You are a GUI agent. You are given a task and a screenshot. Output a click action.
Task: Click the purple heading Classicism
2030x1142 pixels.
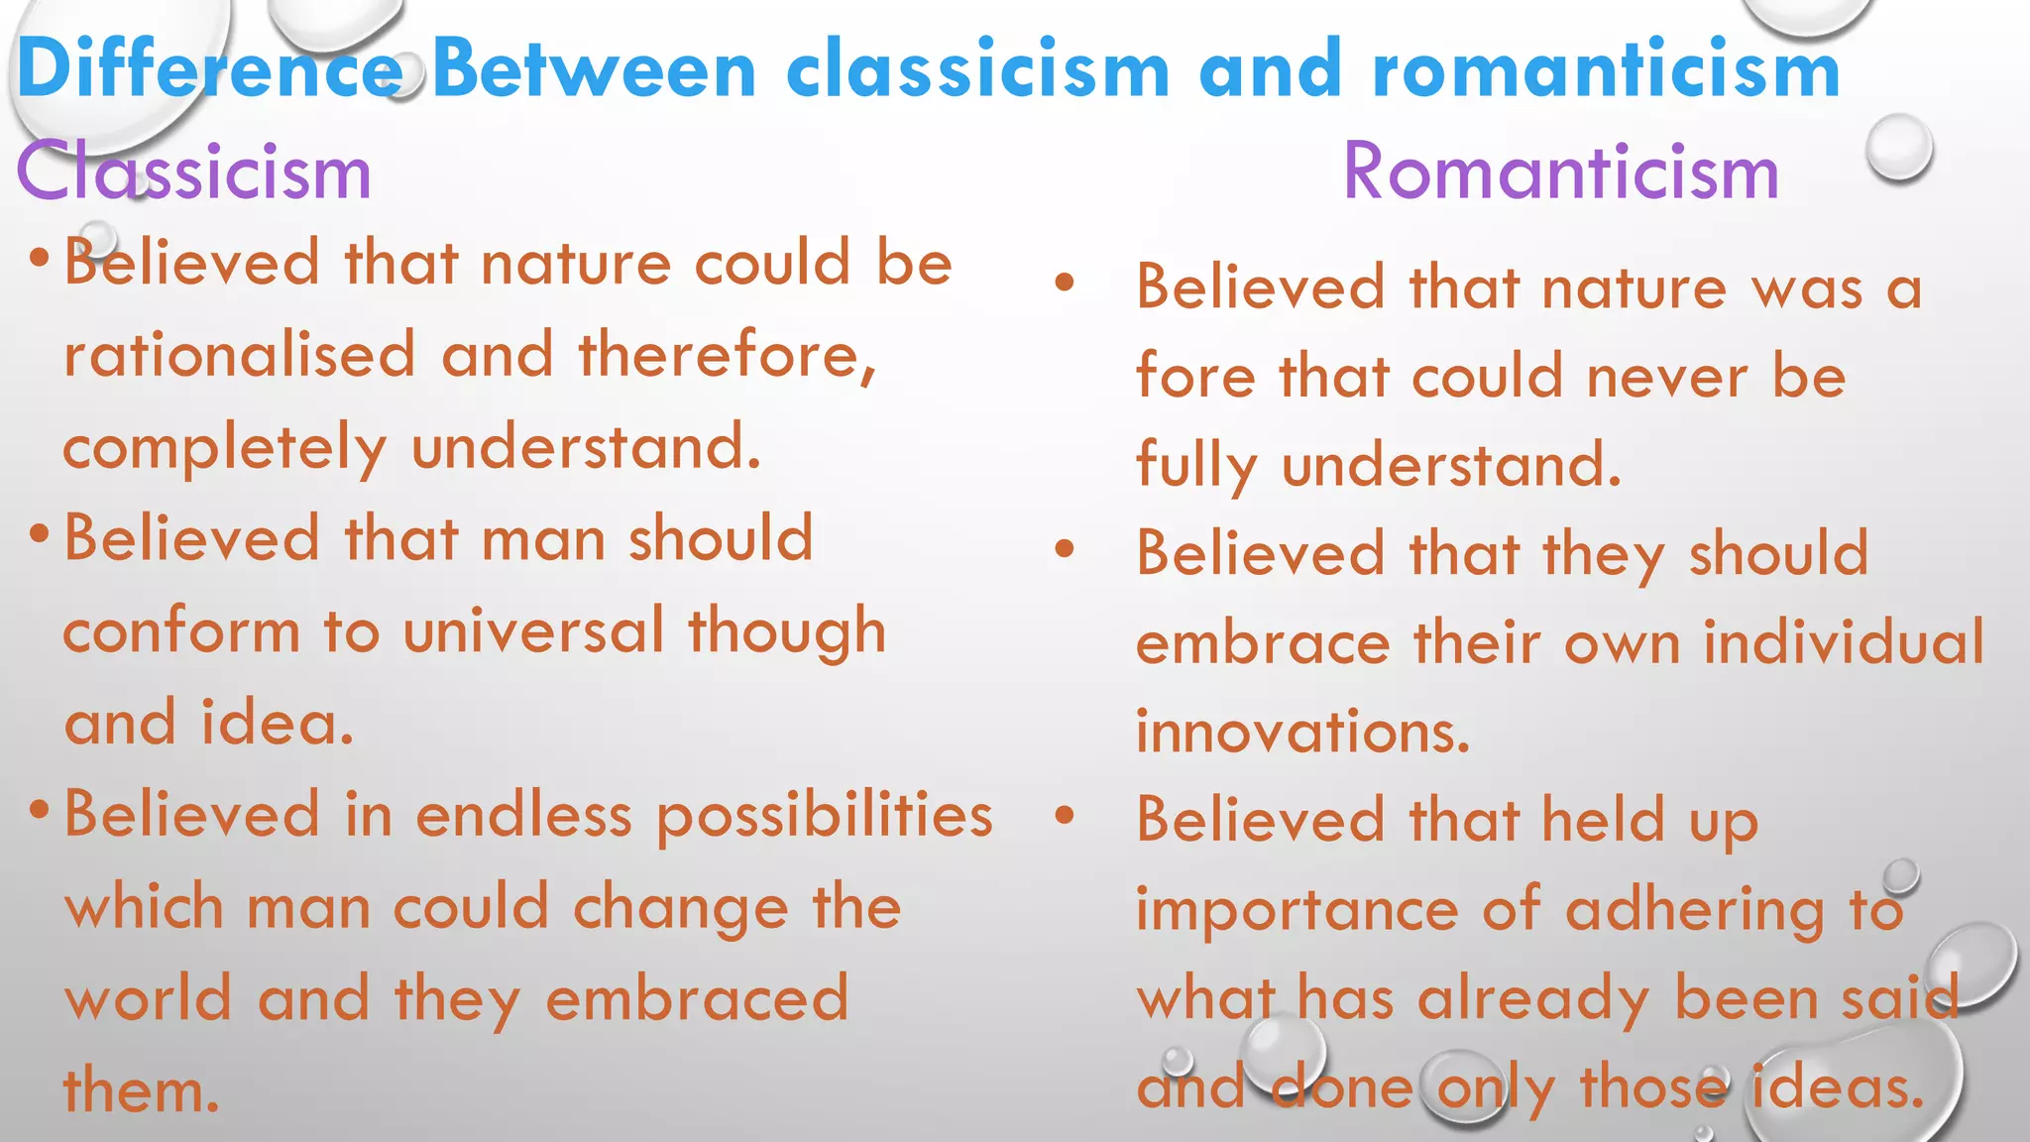pos(193,172)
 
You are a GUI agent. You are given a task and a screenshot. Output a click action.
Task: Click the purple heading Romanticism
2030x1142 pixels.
pos(1560,172)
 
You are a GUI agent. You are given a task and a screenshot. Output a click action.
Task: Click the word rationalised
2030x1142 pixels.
pos(239,356)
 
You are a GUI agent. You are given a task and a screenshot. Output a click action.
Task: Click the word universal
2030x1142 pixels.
pos(533,631)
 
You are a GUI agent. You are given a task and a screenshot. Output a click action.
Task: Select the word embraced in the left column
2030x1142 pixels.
pos(697,999)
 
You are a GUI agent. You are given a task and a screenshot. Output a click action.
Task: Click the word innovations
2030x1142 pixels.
pos(1302,733)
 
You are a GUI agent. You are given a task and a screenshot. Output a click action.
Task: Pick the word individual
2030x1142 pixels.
pos(1844,642)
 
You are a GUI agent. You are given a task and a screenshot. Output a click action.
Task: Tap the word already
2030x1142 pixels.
pos(1532,998)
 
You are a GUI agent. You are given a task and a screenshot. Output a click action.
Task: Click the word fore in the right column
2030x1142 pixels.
pos(1195,378)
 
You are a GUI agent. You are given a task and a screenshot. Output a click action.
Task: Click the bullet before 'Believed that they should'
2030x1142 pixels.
pos(1065,549)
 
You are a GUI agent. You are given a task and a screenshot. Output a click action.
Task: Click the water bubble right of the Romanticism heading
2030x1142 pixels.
pos(1898,147)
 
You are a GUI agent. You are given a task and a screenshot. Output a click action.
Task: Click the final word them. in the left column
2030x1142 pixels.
pos(141,1090)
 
